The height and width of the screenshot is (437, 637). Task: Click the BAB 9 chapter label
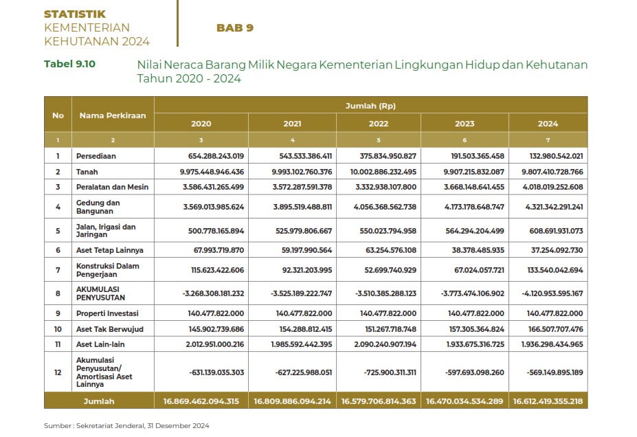[x=235, y=28]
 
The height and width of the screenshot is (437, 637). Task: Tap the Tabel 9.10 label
[x=69, y=64]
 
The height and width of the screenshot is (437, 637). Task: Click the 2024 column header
[x=548, y=124]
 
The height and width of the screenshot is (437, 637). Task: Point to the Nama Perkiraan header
[x=113, y=115]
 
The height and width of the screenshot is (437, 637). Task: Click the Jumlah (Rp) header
[x=370, y=106]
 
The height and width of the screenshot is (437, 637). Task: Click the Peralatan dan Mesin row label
[x=112, y=186]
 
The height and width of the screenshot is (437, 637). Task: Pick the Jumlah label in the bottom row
[x=99, y=401]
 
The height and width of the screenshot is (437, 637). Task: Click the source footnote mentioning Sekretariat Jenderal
[x=126, y=425]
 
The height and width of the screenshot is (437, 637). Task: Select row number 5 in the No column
[x=58, y=230]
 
